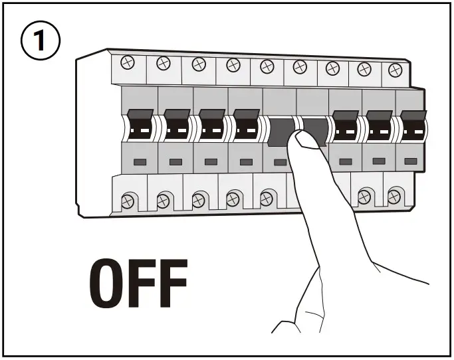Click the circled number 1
(x=41, y=42)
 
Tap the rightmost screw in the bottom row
(x=394, y=196)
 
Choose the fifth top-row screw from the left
(x=267, y=66)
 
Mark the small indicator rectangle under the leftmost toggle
(x=140, y=161)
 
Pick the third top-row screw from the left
(x=197, y=64)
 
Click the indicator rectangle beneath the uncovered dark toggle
(x=281, y=162)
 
